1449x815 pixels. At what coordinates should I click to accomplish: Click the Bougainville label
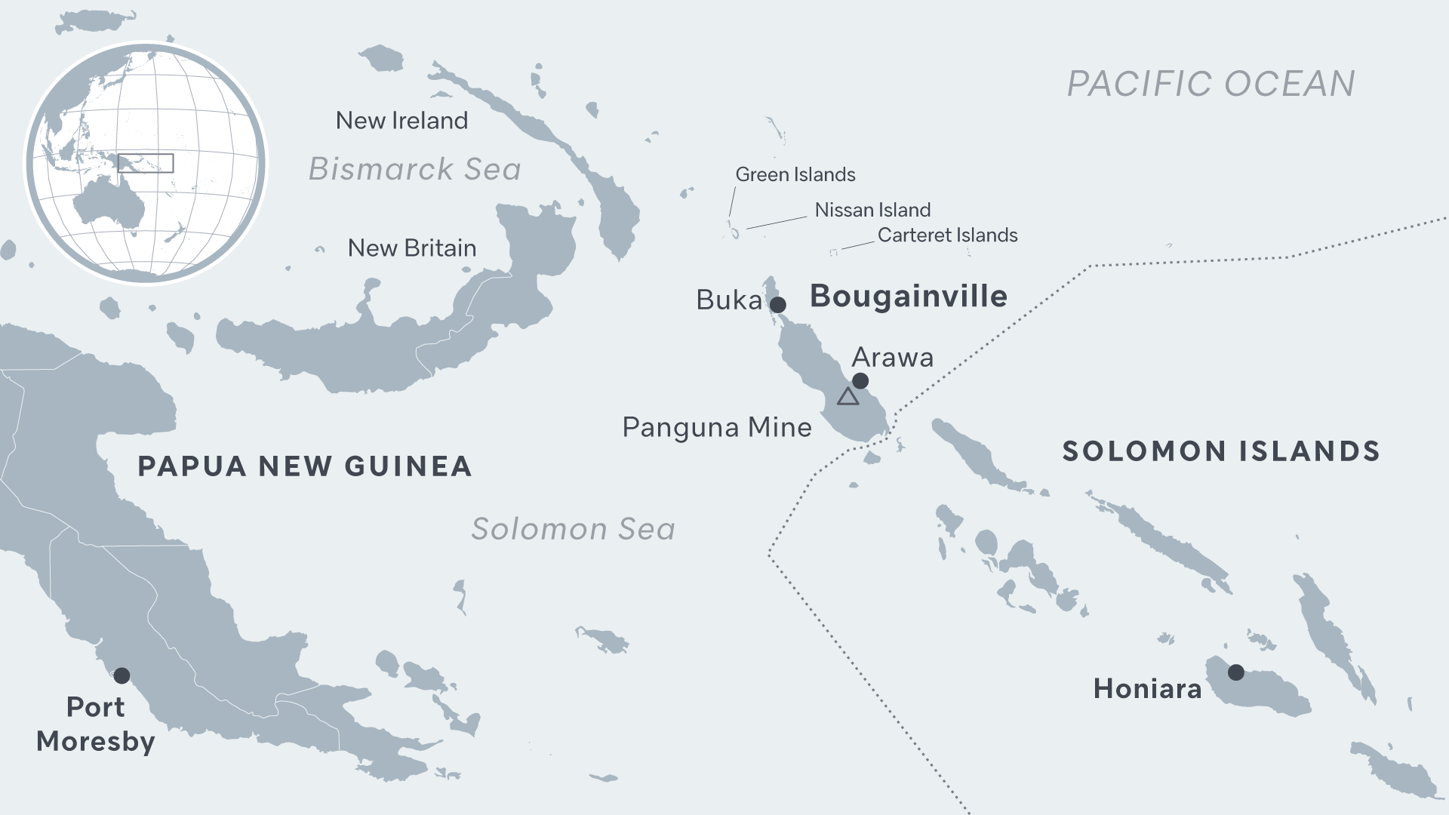pos(908,297)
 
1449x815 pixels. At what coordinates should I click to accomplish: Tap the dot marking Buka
pos(777,305)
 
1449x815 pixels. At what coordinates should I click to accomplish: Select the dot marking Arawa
pos(860,381)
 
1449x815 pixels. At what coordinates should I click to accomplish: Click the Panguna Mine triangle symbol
pos(848,397)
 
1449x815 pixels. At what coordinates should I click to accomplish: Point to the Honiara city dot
pos(1235,672)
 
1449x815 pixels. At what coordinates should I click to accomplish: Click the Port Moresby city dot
pos(122,675)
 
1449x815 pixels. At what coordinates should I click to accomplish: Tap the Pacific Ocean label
pos(1211,84)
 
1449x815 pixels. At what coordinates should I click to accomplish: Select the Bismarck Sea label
pos(414,169)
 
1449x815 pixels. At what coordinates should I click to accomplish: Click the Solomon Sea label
pos(573,529)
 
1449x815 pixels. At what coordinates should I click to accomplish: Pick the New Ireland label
pos(401,121)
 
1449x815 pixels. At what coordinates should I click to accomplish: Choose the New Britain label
pos(411,248)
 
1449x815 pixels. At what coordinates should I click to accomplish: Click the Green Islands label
pos(795,175)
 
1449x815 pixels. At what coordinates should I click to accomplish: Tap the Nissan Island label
pos(872,210)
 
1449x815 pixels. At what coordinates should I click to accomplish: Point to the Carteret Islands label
pos(947,235)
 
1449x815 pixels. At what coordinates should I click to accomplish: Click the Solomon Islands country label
pos(1220,451)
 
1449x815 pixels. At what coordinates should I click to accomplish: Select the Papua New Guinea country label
pos(304,466)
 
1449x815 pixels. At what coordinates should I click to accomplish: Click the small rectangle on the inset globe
pos(146,163)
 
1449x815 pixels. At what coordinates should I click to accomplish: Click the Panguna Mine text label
pos(716,428)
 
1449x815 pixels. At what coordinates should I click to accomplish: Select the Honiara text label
pos(1147,689)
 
